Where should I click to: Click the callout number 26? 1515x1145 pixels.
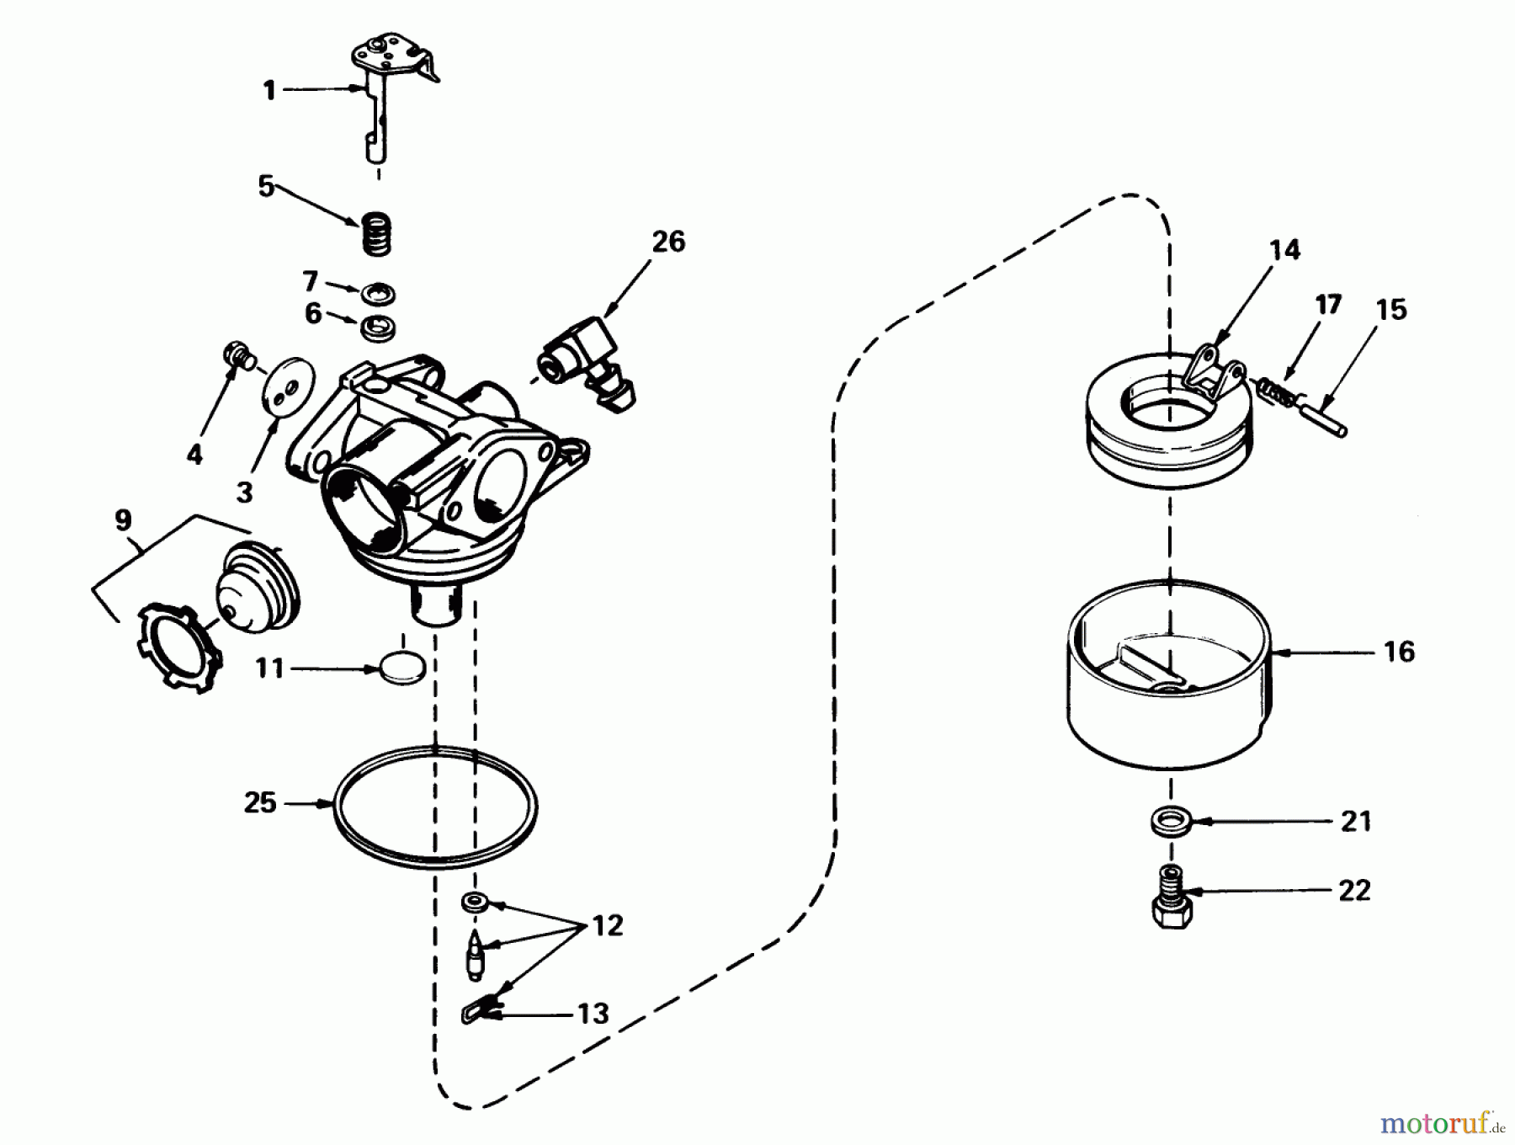click(x=668, y=242)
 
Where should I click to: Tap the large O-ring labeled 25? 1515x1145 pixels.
click(x=435, y=807)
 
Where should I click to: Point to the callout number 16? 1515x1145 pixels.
click(x=1399, y=652)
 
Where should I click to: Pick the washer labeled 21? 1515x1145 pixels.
click(x=1167, y=821)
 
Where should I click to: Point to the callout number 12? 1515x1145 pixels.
click(x=606, y=926)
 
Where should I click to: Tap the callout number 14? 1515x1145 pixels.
click(x=1284, y=250)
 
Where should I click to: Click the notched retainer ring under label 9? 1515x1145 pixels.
click(x=179, y=648)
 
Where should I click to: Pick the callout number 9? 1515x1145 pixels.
click(x=124, y=519)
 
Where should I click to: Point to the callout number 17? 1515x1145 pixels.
click(x=1328, y=305)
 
